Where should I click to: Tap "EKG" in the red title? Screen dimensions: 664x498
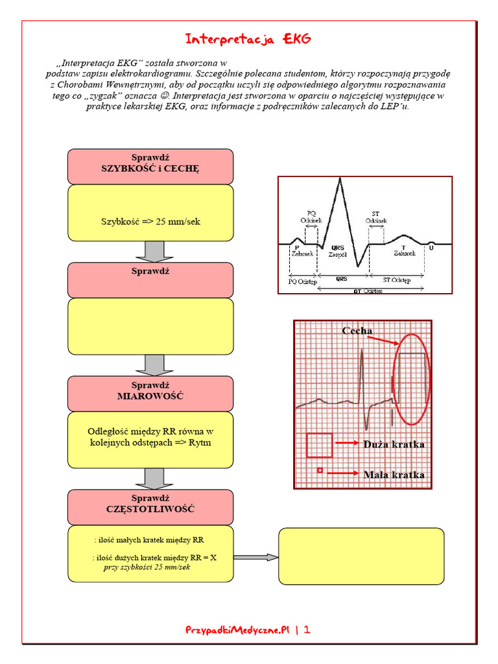click(x=298, y=40)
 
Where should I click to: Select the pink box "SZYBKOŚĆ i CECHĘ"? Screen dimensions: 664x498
click(x=150, y=166)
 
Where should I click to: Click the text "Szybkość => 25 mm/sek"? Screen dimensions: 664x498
click(x=150, y=221)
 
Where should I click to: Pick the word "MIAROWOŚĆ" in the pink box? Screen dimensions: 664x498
click(x=150, y=396)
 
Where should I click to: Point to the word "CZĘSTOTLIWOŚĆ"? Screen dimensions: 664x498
click(x=150, y=509)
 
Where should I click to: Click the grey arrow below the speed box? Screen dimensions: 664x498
click(x=154, y=251)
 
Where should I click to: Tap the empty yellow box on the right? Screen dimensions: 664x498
click(x=361, y=556)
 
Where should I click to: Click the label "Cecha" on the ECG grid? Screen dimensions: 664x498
click(x=357, y=331)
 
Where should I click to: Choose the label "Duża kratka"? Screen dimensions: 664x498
click(x=394, y=444)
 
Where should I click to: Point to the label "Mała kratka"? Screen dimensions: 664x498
click(x=394, y=475)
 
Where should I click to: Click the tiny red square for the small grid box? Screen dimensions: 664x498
click(x=319, y=469)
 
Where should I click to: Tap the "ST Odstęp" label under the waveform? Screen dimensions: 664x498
click(x=396, y=280)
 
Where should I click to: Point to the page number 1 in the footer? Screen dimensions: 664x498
click(x=307, y=629)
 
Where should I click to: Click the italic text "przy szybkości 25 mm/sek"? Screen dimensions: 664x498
click(x=147, y=567)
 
